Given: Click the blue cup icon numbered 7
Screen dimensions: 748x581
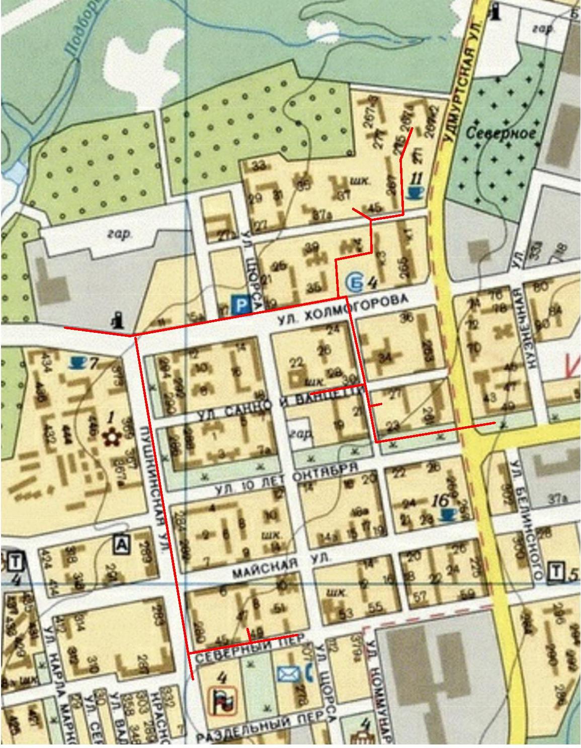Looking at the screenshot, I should point(76,361).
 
